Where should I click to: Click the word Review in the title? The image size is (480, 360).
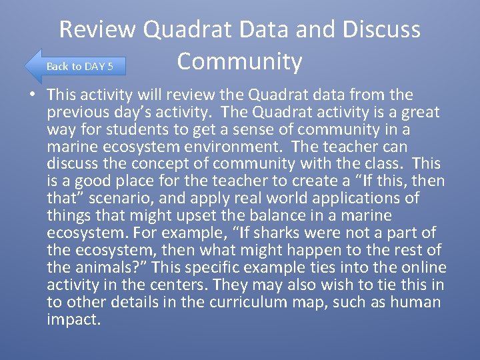coord(98,30)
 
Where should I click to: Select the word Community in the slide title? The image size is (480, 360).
coord(239,61)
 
